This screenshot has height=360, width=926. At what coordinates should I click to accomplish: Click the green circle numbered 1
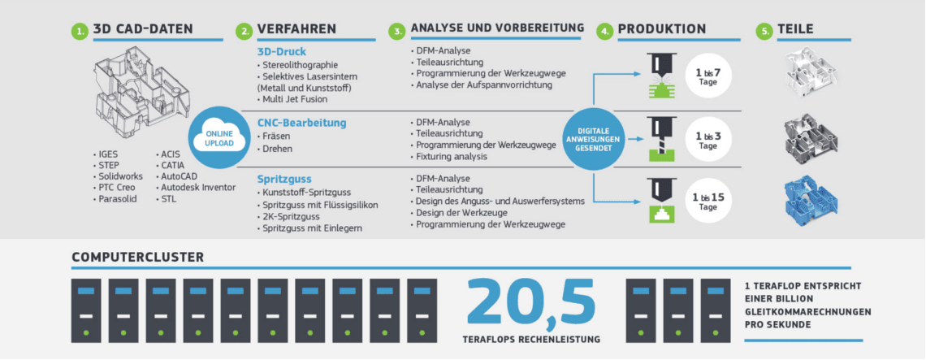[79, 31]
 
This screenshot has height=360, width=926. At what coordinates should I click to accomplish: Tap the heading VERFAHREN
[296, 29]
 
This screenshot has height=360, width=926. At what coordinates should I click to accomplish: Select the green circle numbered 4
[604, 31]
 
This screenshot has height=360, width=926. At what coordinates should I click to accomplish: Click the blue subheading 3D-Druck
[282, 51]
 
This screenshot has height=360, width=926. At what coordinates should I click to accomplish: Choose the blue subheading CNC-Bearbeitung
[302, 123]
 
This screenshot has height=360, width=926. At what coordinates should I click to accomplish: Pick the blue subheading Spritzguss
[284, 178]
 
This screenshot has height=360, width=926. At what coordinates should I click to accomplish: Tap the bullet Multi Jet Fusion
[292, 99]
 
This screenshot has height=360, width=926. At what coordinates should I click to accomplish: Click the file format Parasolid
[115, 198]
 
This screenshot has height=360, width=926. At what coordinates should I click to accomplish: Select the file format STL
[166, 198]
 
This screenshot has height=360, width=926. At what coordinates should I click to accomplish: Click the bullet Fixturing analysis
[448, 157]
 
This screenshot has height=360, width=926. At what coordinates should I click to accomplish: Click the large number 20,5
[531, 302]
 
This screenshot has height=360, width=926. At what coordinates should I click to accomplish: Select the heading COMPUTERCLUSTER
[137, 257]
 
